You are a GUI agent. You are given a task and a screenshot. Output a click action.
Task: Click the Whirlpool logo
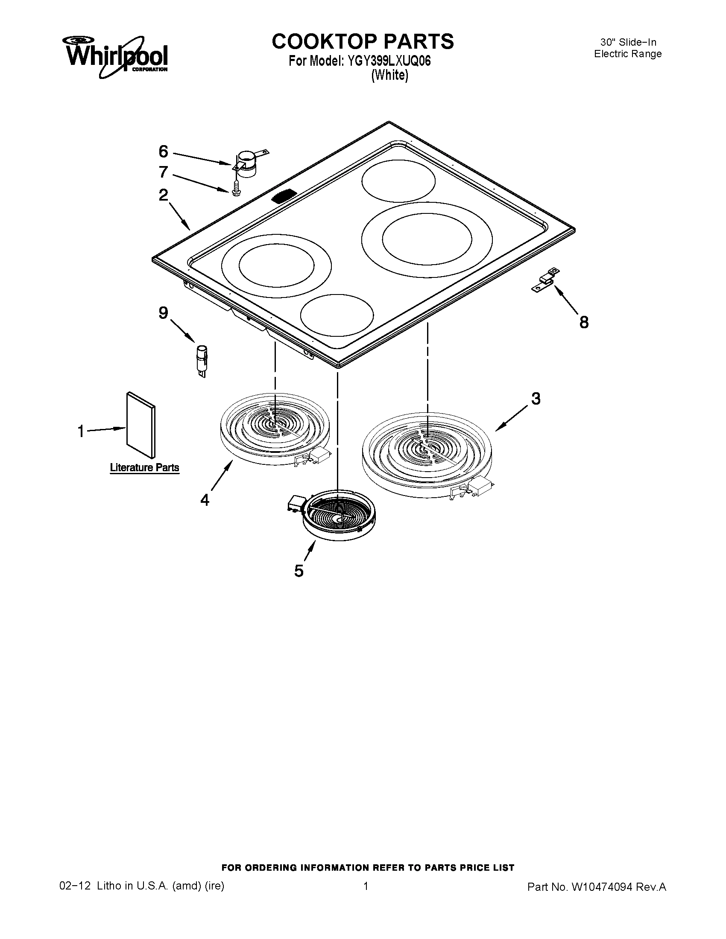pos(115,58)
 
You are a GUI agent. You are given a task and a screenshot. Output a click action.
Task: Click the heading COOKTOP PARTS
pos(363,41)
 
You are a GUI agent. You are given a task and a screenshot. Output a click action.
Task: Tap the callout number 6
pos(163,152)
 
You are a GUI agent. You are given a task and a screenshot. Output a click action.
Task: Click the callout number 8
pos(584,322)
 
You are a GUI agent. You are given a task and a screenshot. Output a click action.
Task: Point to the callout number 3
pos(536,399)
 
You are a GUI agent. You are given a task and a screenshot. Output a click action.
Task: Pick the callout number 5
pos(299,571)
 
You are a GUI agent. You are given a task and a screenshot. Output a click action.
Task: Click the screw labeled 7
pos(235,188)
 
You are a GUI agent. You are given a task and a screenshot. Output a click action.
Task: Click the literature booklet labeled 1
pos(141,425)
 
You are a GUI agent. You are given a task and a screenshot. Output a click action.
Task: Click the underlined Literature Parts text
pos(144,468)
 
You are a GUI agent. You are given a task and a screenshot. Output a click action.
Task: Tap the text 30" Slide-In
pos(628,42)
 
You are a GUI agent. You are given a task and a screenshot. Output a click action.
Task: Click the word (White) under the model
pos(389,75)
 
